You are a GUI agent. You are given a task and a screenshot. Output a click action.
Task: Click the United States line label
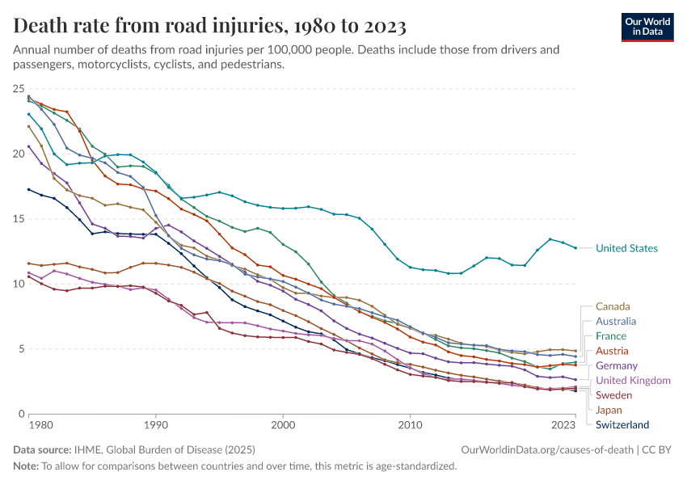tap(626, 248)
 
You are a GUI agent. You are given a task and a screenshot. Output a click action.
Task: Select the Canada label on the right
tap(613, 306)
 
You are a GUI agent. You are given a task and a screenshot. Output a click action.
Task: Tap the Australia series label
tap(616, 321)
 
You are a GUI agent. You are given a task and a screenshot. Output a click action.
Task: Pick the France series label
tap(611, 335)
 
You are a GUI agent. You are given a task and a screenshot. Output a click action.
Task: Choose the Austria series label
tap(613, 351)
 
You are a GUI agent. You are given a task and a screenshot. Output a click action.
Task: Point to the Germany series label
tap(617, 365)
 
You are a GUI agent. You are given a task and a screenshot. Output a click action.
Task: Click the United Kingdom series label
tap(633, 380)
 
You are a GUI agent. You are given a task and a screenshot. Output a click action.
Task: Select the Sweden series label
tap(614, 395)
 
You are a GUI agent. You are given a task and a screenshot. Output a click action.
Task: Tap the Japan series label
tap(609, 410)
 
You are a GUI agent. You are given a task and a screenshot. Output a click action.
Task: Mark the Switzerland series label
tap(622, 424)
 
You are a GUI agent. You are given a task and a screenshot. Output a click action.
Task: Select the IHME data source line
tap(133, 449)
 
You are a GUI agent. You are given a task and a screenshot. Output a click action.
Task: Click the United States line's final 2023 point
tap(575, 248)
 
